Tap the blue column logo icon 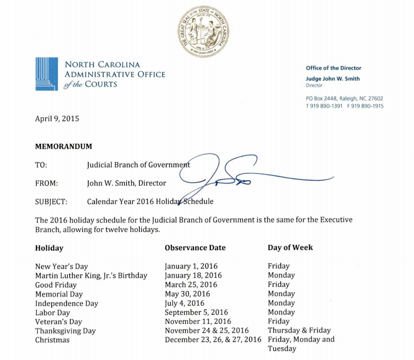pyautogui.click(x=45, y=74)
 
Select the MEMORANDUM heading pyautogui.click(x=63, y=146)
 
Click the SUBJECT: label pyautogui.click(x=51, y=202)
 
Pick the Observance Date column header pyautogui.click(x=195, y=248)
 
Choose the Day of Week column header pyautogui.click(x=290, y=248)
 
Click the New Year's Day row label pyautogui.click(x=61, y=266)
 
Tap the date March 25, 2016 pyautogui.click(x=191, y=285)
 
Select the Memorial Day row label pyautogui.click(x=59, y=294)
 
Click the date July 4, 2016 pyautogui.click(x=184, y=303)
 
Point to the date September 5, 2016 pyautogui.click(x=196, y=313)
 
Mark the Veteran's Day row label pyautogui.click(x=59, y=322)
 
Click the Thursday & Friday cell pyautogui.click(x=299, y=330)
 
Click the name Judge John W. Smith pyautogui.click(x=333, y=79)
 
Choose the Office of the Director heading pyautogui.click(x=333, y=68)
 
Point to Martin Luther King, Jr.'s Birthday pyautogui.click(x=91, y=276)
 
